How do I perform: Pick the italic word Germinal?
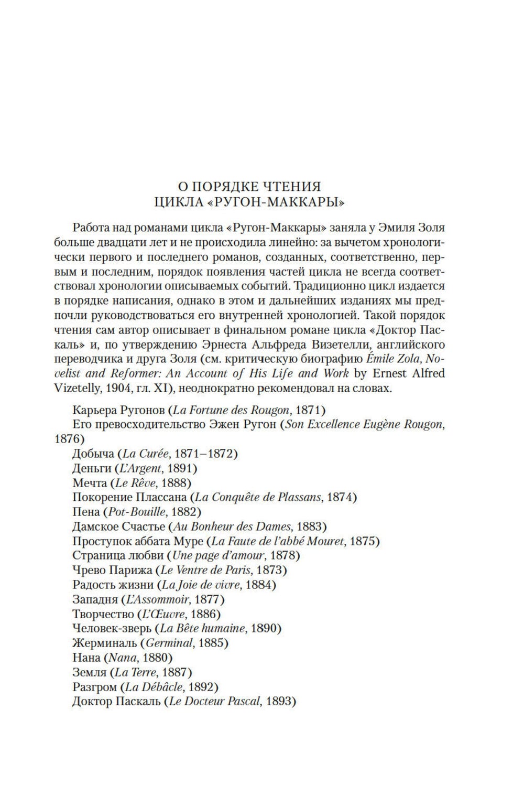169,642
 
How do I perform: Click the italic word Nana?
122,657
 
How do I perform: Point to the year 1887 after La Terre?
176,672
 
